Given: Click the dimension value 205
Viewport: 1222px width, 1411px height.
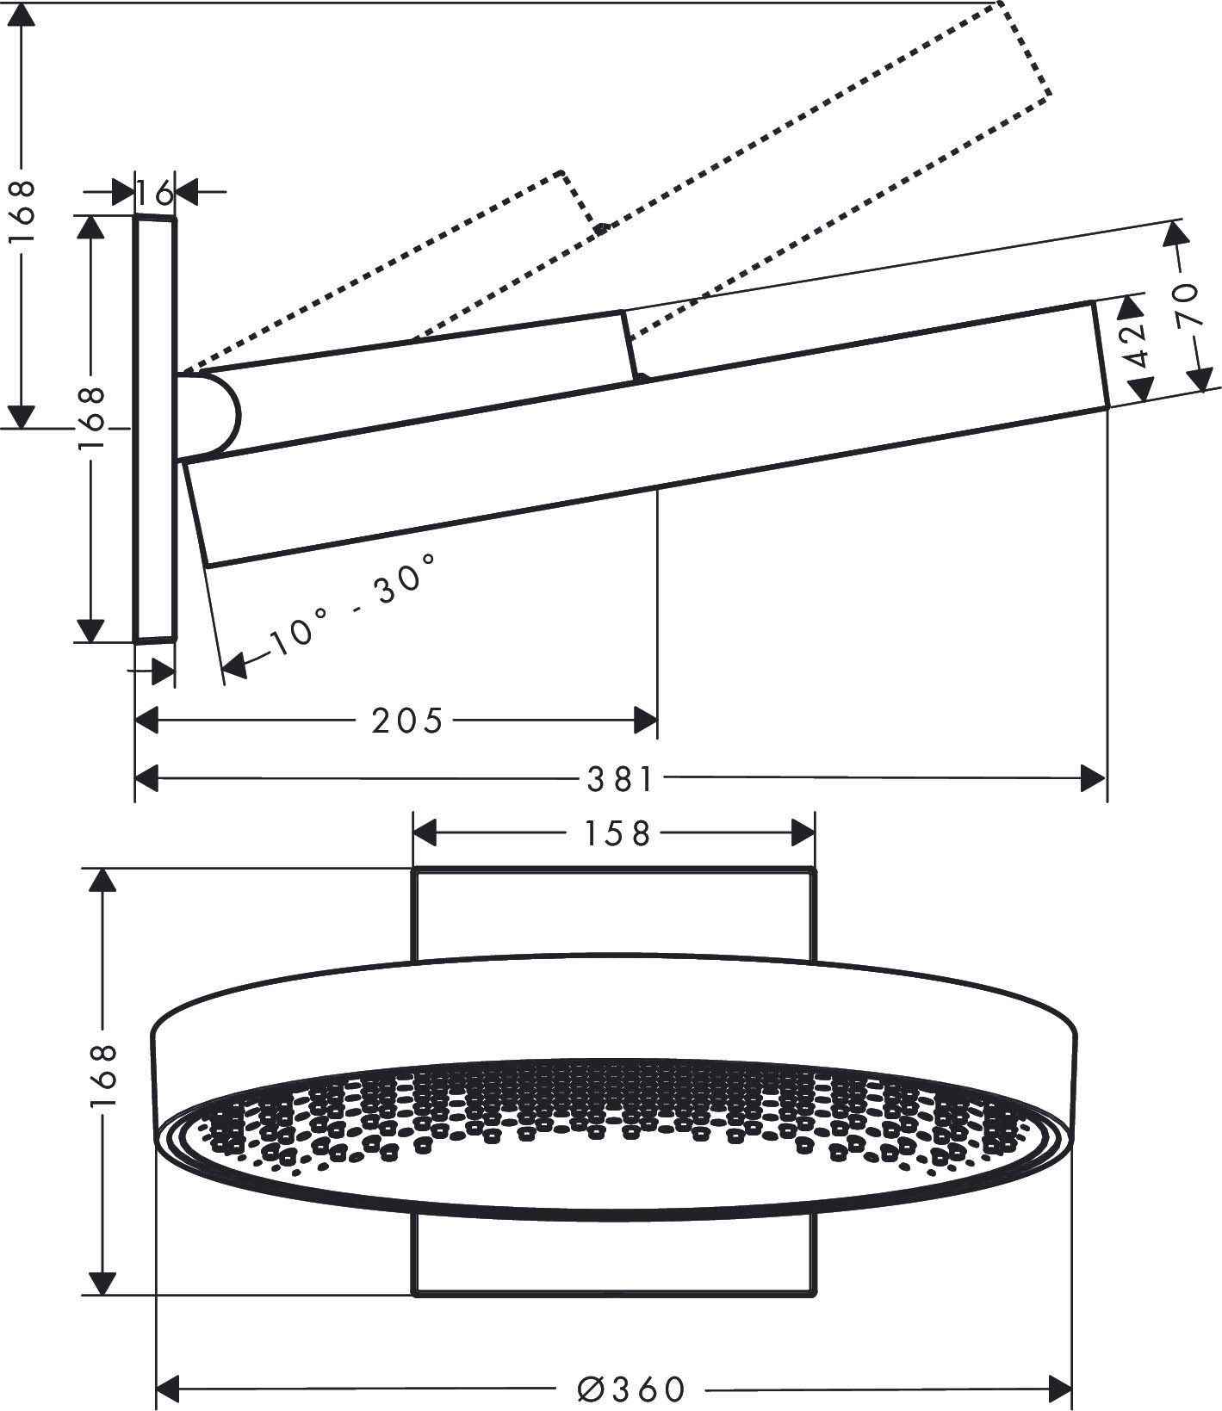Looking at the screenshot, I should pyautogui.click(x=406, y=720).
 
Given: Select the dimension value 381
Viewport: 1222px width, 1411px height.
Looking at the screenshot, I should pyautogui.click(x=620, y=780).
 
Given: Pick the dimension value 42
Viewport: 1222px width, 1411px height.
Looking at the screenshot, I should pyautogui.click(x=1138, y=344).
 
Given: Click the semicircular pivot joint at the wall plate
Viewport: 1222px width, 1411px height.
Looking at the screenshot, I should pyautogui.click(x=211, y=416).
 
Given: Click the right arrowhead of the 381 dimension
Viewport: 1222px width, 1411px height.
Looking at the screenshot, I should pyautogui.click(x=1095, y=780).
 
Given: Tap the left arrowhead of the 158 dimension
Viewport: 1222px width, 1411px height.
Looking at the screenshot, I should pyautogui.click(x=426, y=833).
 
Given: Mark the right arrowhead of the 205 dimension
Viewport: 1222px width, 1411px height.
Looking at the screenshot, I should pyautogui.click(x=646, y=720).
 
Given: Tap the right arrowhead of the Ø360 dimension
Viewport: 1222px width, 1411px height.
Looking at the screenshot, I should pyautogui.click(x=1059, y=1389).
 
